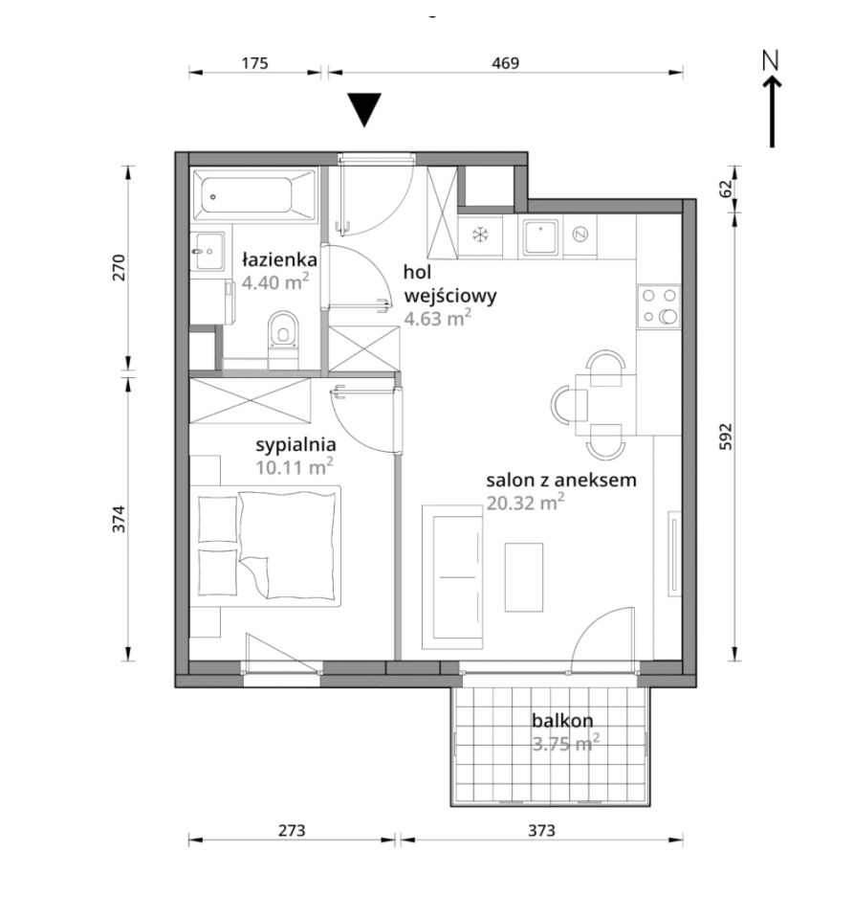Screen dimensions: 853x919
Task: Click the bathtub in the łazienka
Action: click(253, 195)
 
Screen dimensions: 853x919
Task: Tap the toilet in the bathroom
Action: click(283, 339)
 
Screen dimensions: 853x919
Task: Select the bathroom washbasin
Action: click(208, 252)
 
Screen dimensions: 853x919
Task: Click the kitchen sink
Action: click(540, 237)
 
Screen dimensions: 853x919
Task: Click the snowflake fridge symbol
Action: click(480, 235)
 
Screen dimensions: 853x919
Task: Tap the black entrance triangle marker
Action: click(364, 109)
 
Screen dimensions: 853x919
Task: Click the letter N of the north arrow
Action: click(771, 61)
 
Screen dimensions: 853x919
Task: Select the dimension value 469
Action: click(505, 63)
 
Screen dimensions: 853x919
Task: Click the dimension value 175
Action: click(254, 63)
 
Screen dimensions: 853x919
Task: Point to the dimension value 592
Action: click(726, 437)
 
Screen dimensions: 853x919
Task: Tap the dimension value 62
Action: click(726, 189)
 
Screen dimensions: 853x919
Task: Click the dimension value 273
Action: click(292, 831)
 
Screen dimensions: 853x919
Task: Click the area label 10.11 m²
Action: click(295, 467)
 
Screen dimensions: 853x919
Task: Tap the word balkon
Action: click(562, 720)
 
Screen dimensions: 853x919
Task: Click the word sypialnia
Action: click(295, 445)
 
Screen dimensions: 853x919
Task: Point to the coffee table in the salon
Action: click(524, 577)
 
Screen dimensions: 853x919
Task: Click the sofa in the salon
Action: click(452, 576)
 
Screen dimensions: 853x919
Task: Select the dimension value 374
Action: click(119, 519)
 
